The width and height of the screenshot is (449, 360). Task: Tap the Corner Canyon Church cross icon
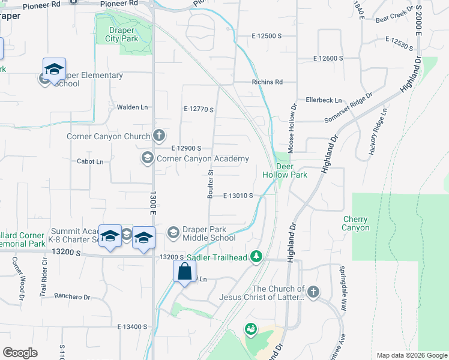click(x=159, y=136)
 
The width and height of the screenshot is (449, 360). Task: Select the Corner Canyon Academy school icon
click(x=147, y=158)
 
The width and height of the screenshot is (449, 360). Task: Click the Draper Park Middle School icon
click(x=173, y=232)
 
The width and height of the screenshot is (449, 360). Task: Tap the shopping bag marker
click(x=185, y=271)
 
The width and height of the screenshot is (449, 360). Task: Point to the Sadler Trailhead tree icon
click(x=257, y=257)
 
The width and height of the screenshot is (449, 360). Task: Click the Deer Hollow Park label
click(x=285, y=170)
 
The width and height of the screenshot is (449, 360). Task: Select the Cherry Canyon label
click(x=356, y=223)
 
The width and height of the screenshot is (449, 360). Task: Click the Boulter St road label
click(x=211, y=184)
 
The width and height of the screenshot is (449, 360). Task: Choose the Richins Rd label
click(x=267, y=82)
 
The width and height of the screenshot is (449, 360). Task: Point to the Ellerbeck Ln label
click(x=324, y=100)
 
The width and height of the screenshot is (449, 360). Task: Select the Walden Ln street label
click(x=132, y=107)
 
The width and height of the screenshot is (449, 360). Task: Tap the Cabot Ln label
click(x=90, y=161)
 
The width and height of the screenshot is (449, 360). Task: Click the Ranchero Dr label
click(x=72, y=296)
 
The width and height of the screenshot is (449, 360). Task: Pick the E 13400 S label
click(x=133, y=326)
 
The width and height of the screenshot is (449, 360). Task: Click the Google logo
click(x=20, y=353)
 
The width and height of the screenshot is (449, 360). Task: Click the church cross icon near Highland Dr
click(x=313, y=292)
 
